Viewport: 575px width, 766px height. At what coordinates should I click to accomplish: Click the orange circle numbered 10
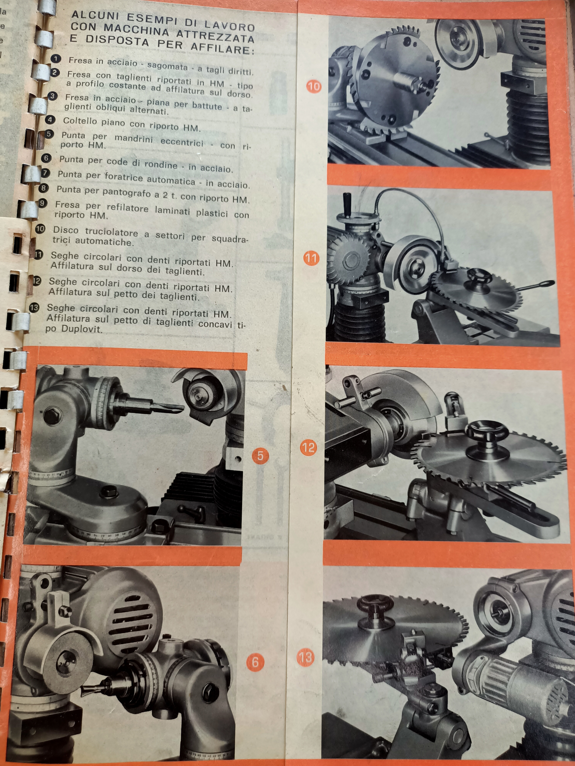click(x=314, y=86)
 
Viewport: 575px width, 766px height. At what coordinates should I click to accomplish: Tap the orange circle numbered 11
click(x=311, y=258)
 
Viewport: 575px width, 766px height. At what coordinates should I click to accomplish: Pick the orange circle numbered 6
click(x=255, y=662)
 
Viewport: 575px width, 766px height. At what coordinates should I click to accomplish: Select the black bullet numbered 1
click(x=55, y=59)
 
